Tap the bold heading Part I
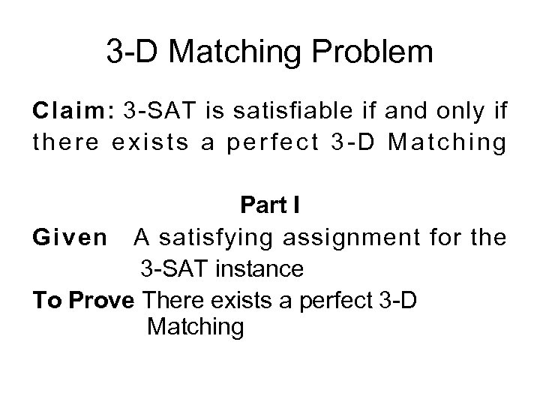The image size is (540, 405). coord(271,204)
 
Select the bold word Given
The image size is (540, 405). coord(70,238)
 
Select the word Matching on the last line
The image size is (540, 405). coord(196,327)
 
